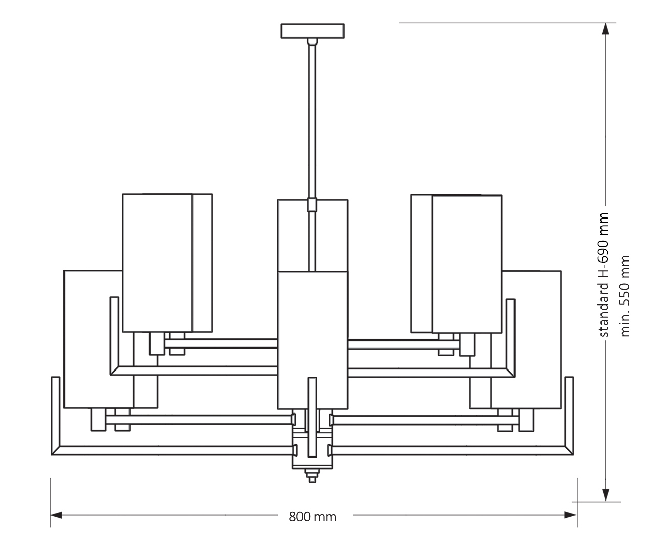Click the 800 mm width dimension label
[312, 517]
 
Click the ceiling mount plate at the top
[312, 31]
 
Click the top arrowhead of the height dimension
[606, 29]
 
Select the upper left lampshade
[159, 262]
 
